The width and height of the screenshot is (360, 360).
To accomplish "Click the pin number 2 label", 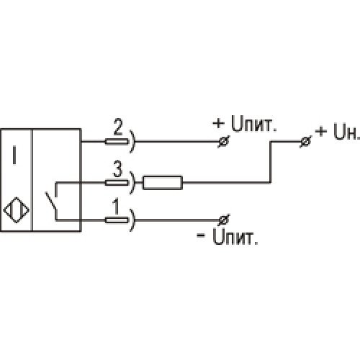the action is (118, 127).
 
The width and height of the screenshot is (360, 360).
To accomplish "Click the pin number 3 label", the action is (118, 169).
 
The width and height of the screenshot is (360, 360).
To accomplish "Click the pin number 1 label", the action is (116, 207).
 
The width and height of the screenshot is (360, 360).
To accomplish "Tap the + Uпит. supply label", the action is (245, 124).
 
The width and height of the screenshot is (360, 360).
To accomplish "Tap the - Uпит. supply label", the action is (228, 236).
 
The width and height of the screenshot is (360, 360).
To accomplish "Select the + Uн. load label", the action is (338, 132).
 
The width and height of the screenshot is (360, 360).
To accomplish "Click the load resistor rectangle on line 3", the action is (163, 183).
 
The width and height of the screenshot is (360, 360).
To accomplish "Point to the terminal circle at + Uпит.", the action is (224, 142).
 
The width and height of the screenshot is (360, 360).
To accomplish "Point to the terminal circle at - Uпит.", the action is (224, 220).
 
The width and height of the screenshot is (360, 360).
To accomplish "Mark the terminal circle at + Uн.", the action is (305, 142).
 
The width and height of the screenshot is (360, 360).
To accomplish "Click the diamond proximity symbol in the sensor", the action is (17, 210).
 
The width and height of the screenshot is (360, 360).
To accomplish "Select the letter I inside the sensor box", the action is (14, 156).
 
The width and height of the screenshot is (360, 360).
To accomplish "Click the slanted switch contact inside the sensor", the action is (51, 200).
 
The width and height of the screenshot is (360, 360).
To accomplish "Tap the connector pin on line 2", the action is (117, 142).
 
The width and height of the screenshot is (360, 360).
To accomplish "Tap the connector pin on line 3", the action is (117, 183).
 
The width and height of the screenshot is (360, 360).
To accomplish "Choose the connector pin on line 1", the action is (117, 220).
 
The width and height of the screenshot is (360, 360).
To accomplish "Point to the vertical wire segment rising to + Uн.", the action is (271, 162).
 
